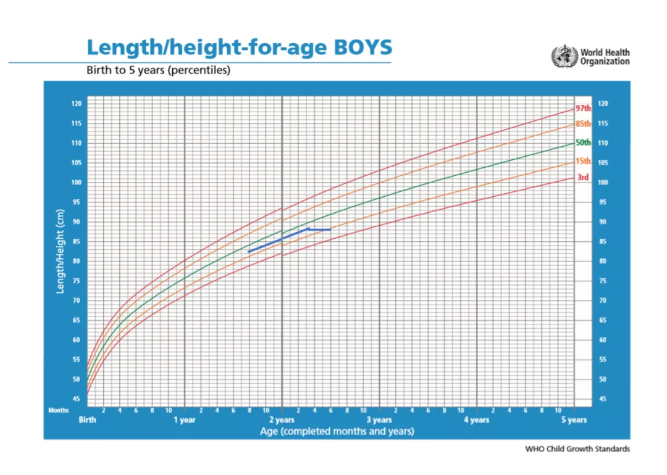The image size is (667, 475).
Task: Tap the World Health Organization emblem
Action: tap(563, 57)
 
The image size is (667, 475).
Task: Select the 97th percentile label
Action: tap(583, 108)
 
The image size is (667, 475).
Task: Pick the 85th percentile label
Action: tap(583, 123)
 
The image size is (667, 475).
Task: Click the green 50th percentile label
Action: tap(583, 142)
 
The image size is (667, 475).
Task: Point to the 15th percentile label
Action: tap(583, 162)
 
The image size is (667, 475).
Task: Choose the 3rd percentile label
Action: tap(582, 178)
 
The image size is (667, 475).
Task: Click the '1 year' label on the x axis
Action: tap(184, 420)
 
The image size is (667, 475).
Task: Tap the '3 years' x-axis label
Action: tap(379, 420)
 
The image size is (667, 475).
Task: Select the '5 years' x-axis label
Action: tap(574, 420)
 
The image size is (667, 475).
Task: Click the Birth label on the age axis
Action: tap(87, 420)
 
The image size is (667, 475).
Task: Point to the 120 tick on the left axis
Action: tap(76, 104)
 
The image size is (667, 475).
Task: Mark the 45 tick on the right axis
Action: tap(602, 399)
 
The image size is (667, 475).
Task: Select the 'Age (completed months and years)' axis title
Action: tap(337, 431)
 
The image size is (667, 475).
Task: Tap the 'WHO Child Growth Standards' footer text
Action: tap(577, 449)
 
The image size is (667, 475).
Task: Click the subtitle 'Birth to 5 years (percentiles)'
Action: tap(159, 70)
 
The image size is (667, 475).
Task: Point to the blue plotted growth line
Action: tap(278, 240)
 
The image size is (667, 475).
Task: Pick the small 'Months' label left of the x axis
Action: tap(58, 410)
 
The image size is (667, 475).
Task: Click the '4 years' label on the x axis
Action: tap(476, 420)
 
